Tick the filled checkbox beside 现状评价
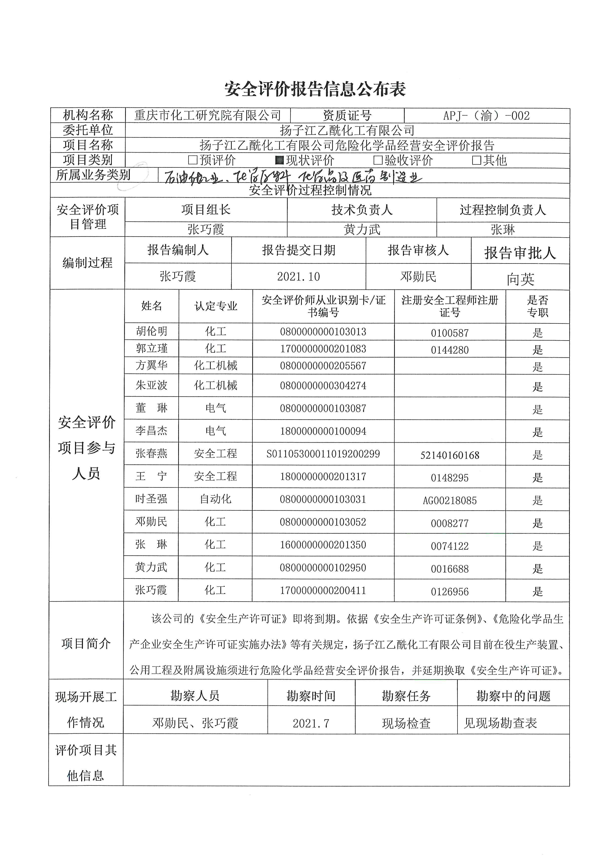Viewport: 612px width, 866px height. tap(279, 160)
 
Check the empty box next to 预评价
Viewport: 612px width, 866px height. tap(192, 160)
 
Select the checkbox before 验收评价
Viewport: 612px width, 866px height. tap(378, 160)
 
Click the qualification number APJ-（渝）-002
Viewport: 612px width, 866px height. tap(486, 115)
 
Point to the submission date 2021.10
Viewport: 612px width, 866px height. tap(298, 277)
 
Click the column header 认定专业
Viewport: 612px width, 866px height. tap(215, 306)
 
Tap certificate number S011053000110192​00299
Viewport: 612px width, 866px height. tap(323, 454)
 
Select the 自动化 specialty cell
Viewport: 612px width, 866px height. tap(215, 499)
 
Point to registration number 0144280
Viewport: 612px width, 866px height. tap(450, 350)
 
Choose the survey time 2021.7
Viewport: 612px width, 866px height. tap(311, 723)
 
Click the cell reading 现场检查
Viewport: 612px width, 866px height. tap(406, 723)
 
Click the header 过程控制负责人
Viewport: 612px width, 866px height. tap(503, 210)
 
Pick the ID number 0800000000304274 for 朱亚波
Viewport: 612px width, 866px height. tap(323, 385)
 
